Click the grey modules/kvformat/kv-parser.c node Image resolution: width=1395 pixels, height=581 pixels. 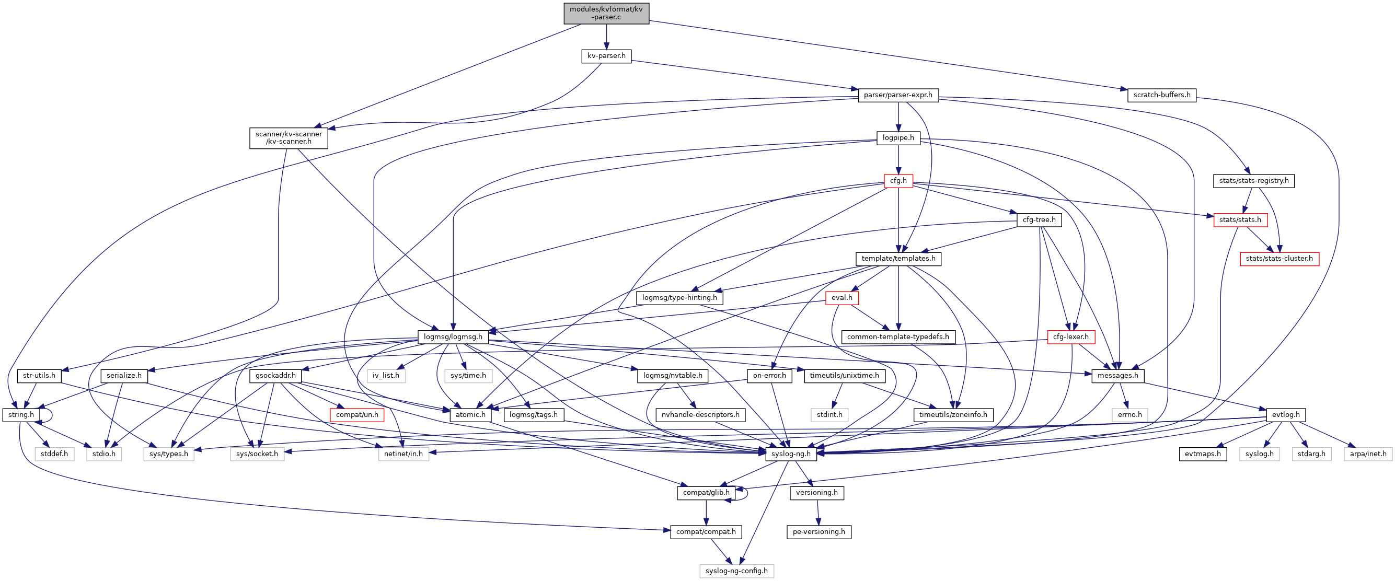click(606, 14)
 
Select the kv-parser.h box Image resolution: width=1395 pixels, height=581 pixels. click(606, 56)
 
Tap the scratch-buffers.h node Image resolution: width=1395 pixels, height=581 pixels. click(1161, 95)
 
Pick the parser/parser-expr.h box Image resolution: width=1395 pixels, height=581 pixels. click(898, 95)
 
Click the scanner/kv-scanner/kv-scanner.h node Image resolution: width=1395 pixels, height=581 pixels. click(289, 137)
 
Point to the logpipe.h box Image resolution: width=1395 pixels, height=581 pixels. click(898, 137)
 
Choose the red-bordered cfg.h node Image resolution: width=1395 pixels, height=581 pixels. click(898, 180)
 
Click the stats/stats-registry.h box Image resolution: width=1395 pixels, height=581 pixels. click(1253, 180)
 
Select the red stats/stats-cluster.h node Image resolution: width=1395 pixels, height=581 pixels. click(1279, 259)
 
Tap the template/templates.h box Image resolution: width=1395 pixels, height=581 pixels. click(898, 259)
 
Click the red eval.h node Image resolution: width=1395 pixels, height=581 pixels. click(841, 298)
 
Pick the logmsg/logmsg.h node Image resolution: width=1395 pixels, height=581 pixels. click(453, 337)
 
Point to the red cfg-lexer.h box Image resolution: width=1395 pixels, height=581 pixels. click(1070, 337)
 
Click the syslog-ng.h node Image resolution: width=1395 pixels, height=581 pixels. click(791, 454)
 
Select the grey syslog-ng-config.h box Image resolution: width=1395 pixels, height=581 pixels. click(736, 571)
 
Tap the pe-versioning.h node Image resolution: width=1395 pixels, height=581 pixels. click(818, 532)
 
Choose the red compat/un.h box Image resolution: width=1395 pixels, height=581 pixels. click(357, 415)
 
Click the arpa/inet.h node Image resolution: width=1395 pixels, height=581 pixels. click(1367, 454)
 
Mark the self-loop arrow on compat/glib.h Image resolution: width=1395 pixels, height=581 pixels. click(747, 493)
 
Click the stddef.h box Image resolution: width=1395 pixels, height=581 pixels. click(54, 454)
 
